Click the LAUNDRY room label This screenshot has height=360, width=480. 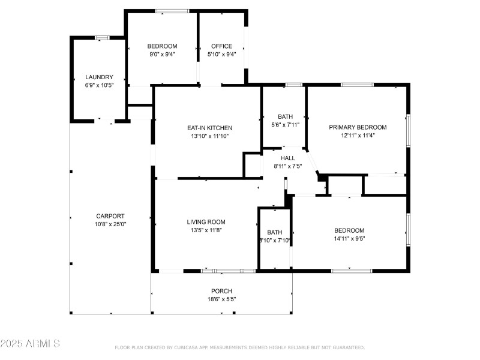pos(99,77)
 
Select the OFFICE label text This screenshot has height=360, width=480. pos(221,46)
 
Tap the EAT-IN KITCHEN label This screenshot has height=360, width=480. pos(209,128)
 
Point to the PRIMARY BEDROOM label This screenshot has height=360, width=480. pos(358,127)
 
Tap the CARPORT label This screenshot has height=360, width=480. pos(110,216)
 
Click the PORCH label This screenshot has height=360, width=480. pos(221,291)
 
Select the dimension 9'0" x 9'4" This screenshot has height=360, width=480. pos(163,54)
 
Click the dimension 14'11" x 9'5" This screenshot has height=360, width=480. pos(349,238)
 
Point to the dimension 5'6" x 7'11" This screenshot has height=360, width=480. pos(284,125)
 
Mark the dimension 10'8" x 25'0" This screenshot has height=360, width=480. pos(110,224)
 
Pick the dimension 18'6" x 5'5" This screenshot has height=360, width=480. pos(221,299)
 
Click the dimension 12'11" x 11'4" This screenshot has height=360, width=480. pos(358,136)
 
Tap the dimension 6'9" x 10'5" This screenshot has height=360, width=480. pos(99,85)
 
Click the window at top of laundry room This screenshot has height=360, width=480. pos(102,38)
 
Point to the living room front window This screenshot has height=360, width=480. pos(228,271)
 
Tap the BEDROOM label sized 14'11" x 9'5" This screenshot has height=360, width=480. pos(349,230)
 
